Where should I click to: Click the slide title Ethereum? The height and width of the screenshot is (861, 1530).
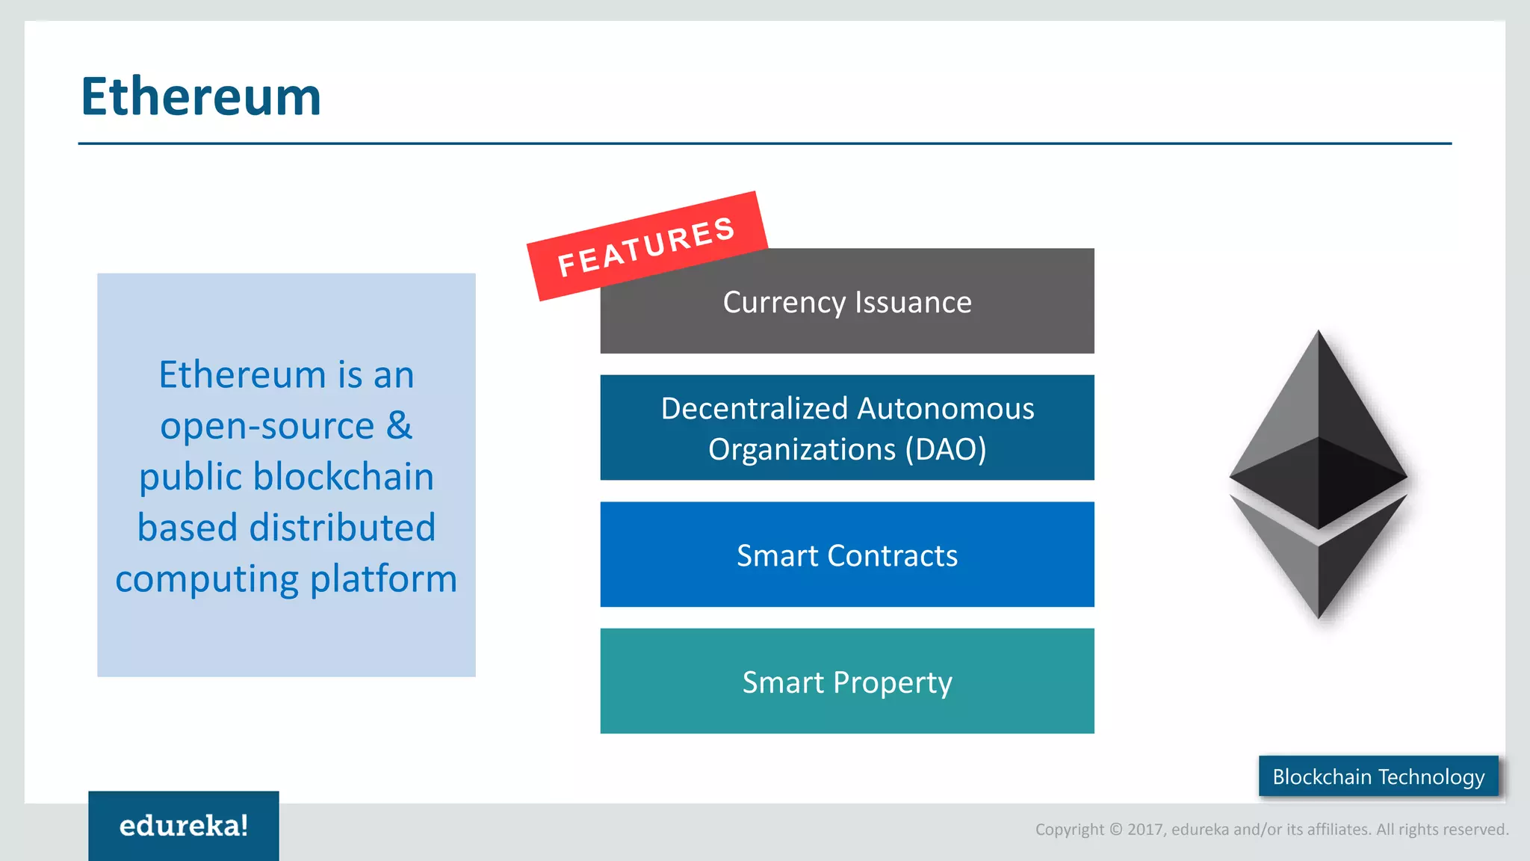[x=201, y=96]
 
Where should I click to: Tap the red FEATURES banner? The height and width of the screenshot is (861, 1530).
[x=646, y=246]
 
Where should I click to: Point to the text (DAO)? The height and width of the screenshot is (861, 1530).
[x=946, y=449]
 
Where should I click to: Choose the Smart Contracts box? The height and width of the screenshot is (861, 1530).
[x=846, y=555]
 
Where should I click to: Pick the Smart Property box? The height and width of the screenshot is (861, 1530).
[x=846, y=682]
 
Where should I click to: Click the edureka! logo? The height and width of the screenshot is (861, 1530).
[x=184, y=825]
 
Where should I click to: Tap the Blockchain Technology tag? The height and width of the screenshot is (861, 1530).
[x=1378, y=777]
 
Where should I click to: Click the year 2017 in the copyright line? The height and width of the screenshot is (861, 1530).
[x=1145, y=830]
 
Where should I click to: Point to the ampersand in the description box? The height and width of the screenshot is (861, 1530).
[x=399, y=425]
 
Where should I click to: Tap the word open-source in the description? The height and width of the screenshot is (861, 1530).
[x=267, y=426]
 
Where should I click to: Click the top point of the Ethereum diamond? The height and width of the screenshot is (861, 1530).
[x=1319, y=333]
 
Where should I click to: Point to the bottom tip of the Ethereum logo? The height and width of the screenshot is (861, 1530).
[x=1319, y=616]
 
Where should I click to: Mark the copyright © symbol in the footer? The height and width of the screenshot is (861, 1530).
[x=1115, y=830]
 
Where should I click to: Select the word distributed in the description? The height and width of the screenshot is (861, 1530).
[x=342, y=527]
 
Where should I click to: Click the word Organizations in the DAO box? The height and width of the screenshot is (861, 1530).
[x=802, y=449]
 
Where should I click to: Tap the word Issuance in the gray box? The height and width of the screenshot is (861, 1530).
[x=913, y=302]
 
